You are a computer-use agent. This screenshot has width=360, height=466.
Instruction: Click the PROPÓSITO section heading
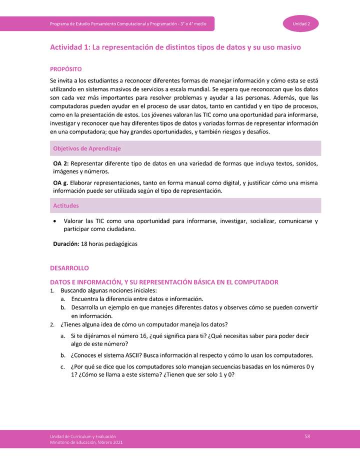65,69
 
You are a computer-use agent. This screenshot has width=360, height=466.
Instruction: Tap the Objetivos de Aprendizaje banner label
86,148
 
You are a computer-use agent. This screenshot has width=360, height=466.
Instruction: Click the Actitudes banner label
66,205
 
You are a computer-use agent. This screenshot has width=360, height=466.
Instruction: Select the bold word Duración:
66,244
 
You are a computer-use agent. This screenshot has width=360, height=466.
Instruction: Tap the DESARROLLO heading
69,268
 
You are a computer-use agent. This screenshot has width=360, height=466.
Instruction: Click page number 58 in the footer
307,436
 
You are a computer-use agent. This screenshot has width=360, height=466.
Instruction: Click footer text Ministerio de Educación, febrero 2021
86,443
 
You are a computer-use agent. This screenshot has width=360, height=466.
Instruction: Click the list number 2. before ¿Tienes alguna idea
52,324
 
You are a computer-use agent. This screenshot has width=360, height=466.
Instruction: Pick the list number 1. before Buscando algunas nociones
52,290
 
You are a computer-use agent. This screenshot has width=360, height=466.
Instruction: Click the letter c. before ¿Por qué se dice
63,367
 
